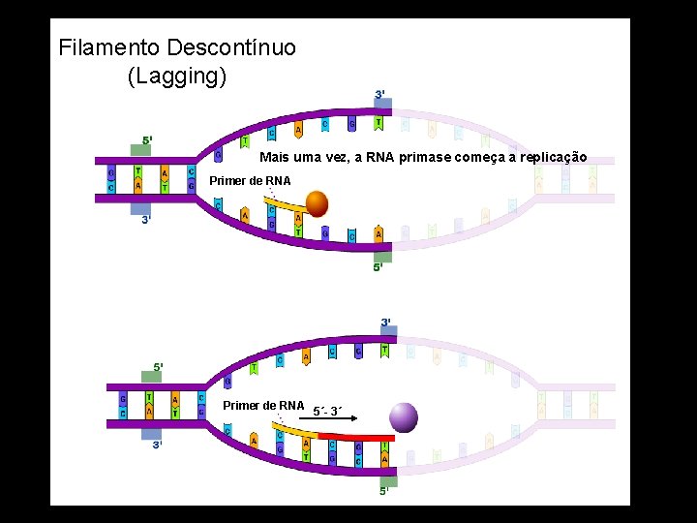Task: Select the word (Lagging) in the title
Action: click(x=177, y=77)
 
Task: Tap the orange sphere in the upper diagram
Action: click(x=318, y=203)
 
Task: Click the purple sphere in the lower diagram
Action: click(x=404, y=417)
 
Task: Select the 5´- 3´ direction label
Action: click(x=327, y=411)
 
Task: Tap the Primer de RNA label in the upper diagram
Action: click(x=250, y=181)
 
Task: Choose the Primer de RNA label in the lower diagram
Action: click(x=263, y=405)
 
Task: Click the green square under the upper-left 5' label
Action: click(x=141, y=151)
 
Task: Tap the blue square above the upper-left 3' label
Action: click(x=141, y=206)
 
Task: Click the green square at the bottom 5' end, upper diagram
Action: click(x=382, y=255)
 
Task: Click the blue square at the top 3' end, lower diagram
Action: click(x=386, y=333)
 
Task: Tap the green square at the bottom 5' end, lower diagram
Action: click(x=387, y=481)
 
